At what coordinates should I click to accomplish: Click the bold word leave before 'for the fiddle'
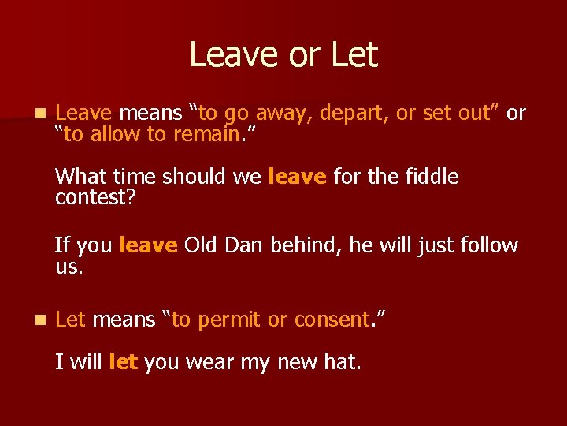[297, 177]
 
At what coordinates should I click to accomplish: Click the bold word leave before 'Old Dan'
[147, 245]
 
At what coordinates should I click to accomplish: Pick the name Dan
[245, 245]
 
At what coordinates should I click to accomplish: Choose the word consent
[331, 319]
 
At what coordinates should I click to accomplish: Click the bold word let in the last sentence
[124, 363]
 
